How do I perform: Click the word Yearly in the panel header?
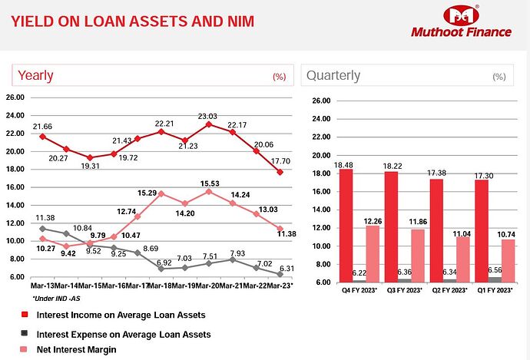click(35, 75)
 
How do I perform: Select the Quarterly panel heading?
click(333, 75)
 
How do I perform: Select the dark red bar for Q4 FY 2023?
click(324, 226)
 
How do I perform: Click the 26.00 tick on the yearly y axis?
click(15, 97)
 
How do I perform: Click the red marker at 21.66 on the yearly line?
click(43, 137)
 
